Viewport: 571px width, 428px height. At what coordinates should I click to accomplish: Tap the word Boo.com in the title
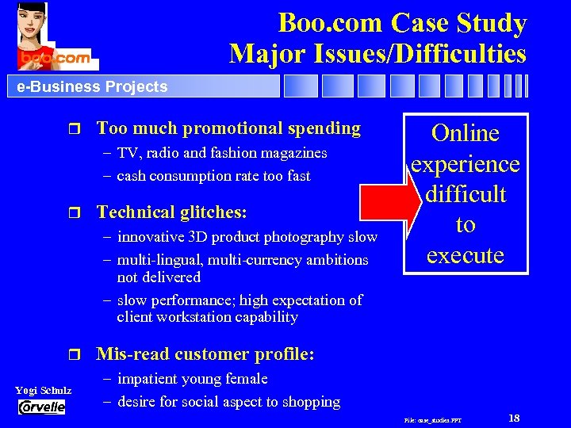[326, 23]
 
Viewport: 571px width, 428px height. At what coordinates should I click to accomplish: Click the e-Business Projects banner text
[92, 86]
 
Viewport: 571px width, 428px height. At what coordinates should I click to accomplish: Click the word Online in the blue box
[466, 133]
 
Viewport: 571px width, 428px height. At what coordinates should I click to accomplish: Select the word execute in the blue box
[466, 254]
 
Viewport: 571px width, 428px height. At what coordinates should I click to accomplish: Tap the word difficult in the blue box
[466, 194]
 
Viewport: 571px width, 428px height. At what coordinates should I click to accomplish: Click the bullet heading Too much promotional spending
[228, 128]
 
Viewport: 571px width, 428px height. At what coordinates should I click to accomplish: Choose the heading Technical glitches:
[171, 212]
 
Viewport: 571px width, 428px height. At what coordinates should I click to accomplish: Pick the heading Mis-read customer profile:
[205, 353]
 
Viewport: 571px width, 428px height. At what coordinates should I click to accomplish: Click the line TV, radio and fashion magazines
[221, 152]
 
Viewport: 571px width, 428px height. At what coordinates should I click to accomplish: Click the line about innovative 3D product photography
[247, 236]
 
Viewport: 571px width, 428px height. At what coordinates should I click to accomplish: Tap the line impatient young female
[192, 379]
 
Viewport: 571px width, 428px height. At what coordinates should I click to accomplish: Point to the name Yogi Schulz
[43, 391]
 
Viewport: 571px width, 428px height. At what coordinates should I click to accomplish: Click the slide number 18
[513, 418]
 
